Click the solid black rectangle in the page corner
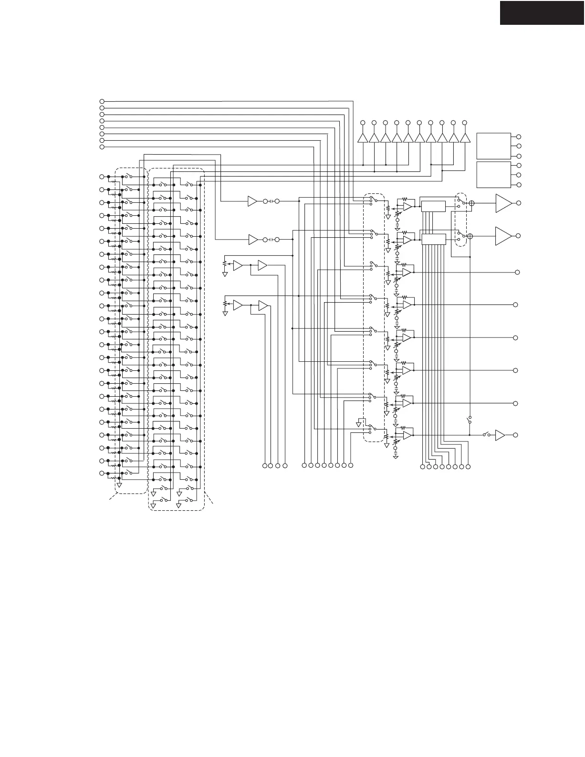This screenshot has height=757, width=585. coord(542,12)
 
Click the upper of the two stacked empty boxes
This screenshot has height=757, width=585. coord(493,146)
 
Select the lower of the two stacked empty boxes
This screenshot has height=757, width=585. coord(493,175)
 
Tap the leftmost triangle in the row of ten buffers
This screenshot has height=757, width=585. coord(363,138)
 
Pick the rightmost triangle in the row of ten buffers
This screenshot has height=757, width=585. coord(465,138)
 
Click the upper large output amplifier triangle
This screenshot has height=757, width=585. coord(503,203)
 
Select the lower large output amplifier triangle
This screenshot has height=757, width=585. coord(503,236)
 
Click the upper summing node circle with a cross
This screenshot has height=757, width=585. coord(471,203)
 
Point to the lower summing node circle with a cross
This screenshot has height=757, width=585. coord(470,236)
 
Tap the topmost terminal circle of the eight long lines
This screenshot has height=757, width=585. coord(101,102)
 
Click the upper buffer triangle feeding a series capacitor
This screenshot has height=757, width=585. coord(252,201)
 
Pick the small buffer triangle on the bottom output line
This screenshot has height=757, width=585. coord(500,435)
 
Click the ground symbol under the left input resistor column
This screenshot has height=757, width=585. coord(119,485)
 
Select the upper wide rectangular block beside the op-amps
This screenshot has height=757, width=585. coord(433,206)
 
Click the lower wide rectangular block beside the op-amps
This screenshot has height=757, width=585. coord(433,239)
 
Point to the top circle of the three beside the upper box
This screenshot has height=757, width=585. coord(519,137)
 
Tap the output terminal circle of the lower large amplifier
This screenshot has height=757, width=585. coord(519,236)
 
